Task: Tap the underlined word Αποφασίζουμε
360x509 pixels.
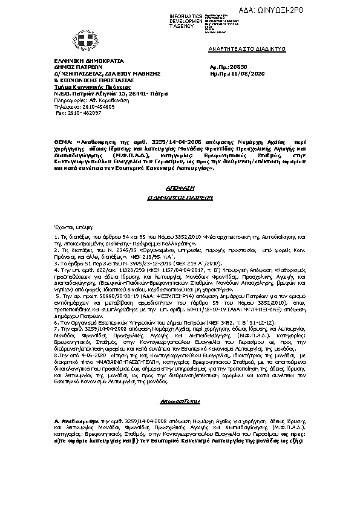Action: [180, 401]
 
